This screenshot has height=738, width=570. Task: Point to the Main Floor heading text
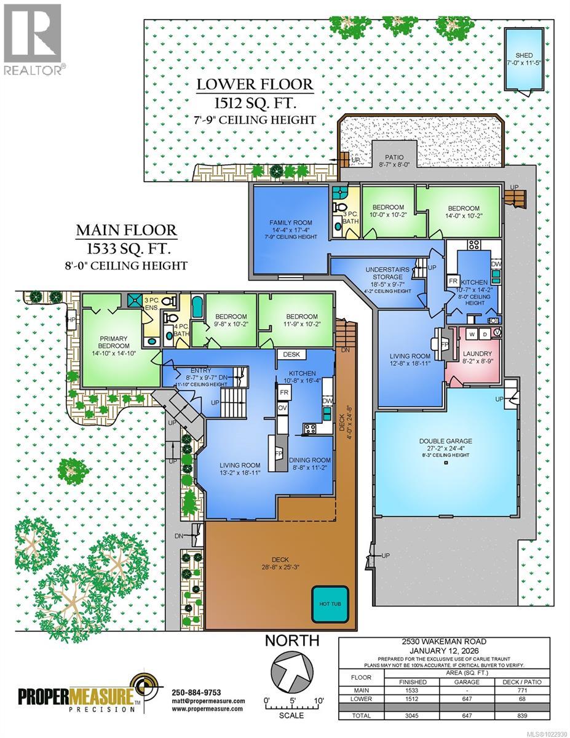[126, 231]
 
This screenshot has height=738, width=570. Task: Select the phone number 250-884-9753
[196, 692]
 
